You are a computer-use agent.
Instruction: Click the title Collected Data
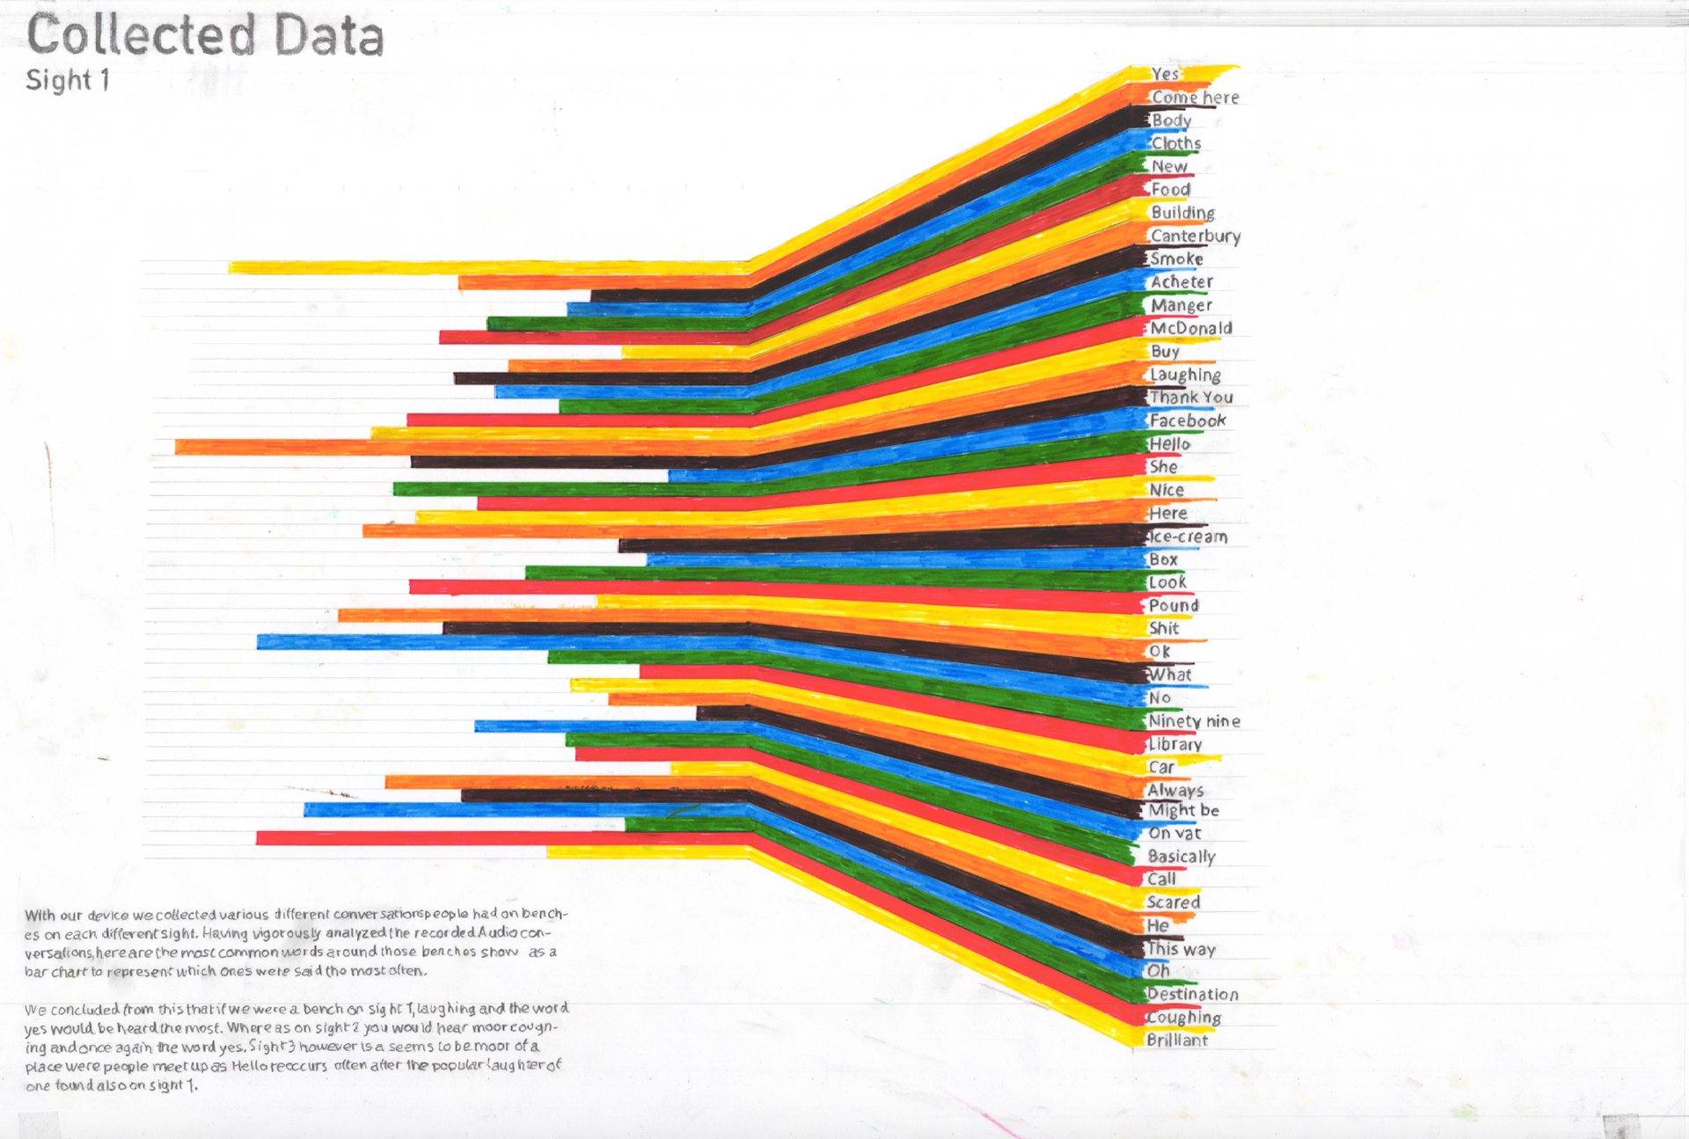coord(205,35)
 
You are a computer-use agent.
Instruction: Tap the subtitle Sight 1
coord(68,80)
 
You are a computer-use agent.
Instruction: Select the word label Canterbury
coord(1195,236)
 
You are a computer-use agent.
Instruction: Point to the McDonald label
coord(1191,328)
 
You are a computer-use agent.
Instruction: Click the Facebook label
coord(1188,420)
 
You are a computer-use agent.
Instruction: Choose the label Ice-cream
coord(1188,537)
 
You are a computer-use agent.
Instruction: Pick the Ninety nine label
coord(1194,721)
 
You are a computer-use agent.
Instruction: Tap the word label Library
coord(1175,744)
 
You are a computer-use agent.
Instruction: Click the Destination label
coord(1192,994)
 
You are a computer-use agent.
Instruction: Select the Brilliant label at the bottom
coord(1177,1040)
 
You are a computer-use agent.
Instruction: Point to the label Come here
coord(1195,98)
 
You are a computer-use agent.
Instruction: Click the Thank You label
coord(1191,398)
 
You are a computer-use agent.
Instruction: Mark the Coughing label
coord(1183,1017)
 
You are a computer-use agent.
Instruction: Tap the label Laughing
coord(1185,375)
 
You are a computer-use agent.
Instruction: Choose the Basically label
coord(1181,856)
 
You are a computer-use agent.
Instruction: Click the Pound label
coord(1174,605)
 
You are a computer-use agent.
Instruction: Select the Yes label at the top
coord(1166,74)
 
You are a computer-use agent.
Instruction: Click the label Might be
coord(1184,810)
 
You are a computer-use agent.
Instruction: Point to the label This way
coord(1181,949)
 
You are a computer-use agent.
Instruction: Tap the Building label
coord(1182,212)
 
